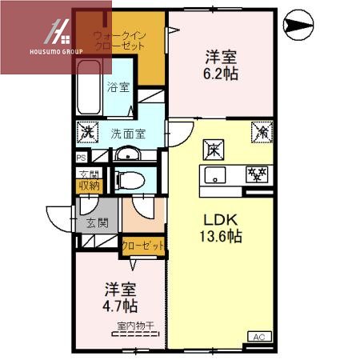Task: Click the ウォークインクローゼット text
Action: (119, 41)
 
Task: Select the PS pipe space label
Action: (81, 158)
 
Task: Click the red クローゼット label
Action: (143, 246)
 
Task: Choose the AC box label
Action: (258, 337)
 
